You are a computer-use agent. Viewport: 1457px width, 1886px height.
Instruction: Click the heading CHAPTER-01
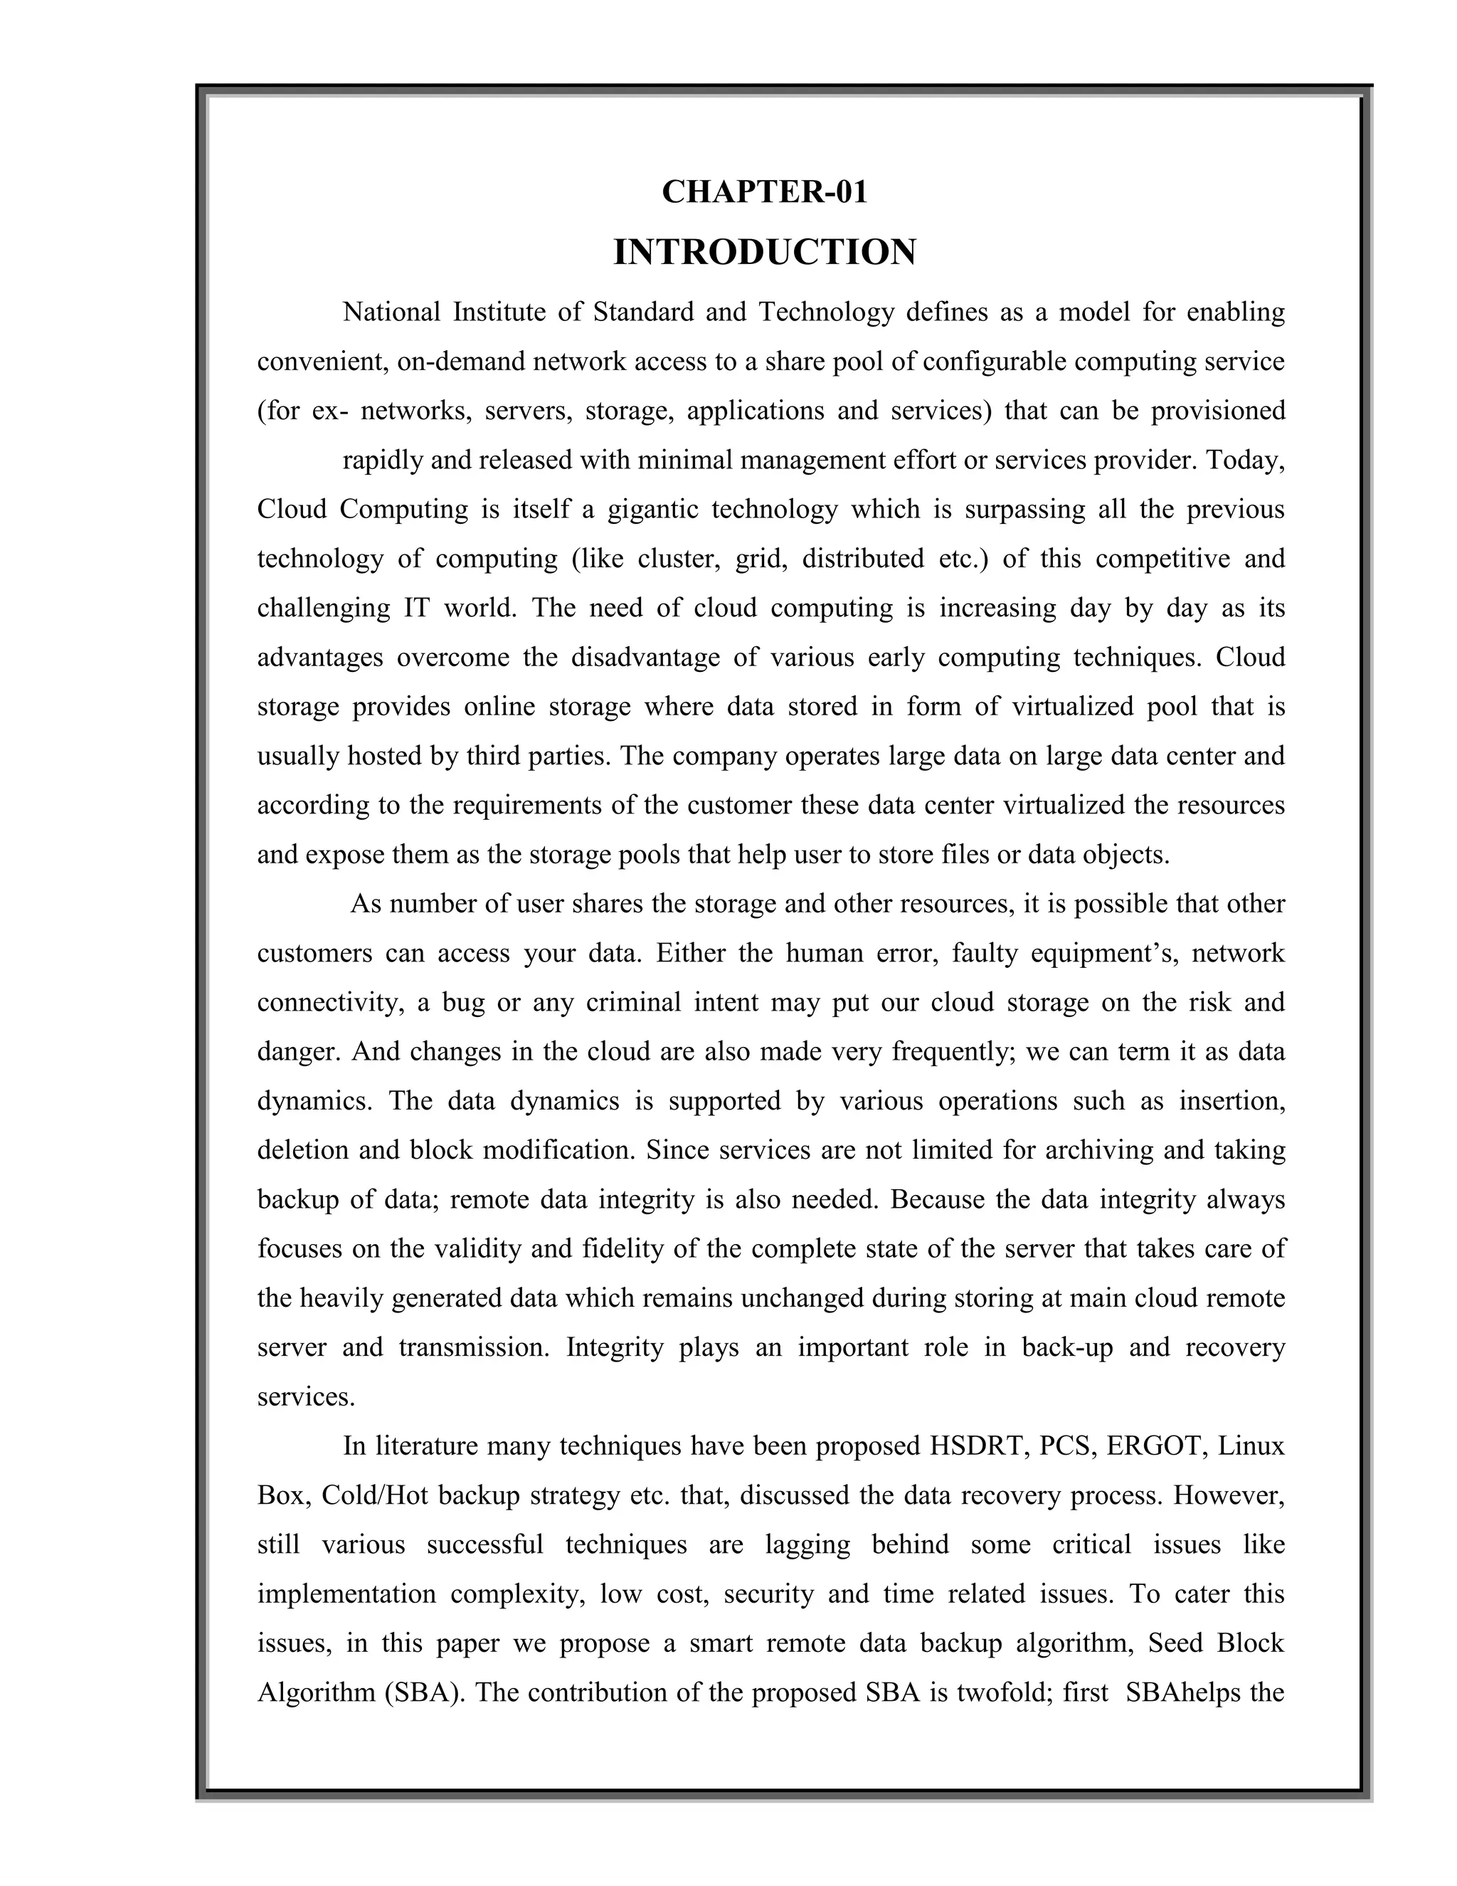pyautogui.click(x=764, y=191)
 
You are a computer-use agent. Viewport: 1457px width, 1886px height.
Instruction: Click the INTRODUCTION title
pyautogui.click(x=764, y=252)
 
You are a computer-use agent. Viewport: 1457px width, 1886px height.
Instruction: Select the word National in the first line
pyautogui.click(x=392, y=312)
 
